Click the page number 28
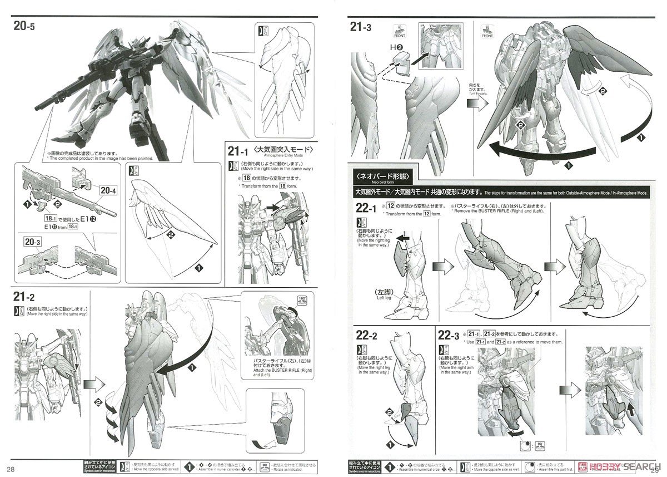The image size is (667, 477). (x=11, y=466)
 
